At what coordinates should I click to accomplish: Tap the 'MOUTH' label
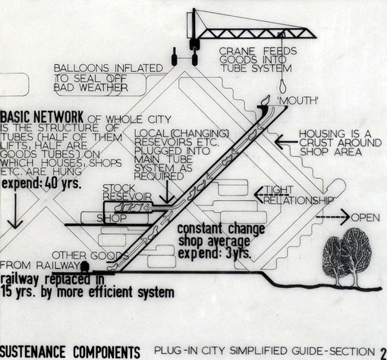pyautogui.click(x=297, y=101)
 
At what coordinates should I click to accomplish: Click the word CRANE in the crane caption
pyautogui.click(x=237, y=52)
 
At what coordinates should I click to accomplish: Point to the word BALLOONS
pyautogui.click(x=81, y=68)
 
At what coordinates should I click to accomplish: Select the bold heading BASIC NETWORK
pyautogui.click(x=42, y=117)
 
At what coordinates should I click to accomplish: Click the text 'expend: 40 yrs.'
pyautogui.click(x=42, y=183)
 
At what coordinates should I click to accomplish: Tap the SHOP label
pyautogui.click(x=112, y=218)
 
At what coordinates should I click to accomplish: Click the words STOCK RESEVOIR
pyautogui.click(x=127, y=193)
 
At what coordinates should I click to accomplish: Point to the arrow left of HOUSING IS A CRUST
pyautogui.click(x=286, y=142)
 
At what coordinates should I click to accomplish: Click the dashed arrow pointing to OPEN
pyautogui.click(x=333, y=217)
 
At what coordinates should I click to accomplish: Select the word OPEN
pyautogui.click(x=366, y=218)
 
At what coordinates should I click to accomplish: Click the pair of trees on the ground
pyautogui.click(x=347, y=257)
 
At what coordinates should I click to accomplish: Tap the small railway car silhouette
pyautogui.click(x=85, y=267)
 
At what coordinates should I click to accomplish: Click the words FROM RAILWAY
pyautogui.click(x=39, y=265)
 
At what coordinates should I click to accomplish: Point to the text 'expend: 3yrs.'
pyautogui.click(x=215, y=253)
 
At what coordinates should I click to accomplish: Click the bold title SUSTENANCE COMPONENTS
pyautogui.click(x=70, y=352)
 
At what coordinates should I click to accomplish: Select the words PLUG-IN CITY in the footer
pyautogui.click(x=190, y=351)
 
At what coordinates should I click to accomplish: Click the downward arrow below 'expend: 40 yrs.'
pyautogui.click(x=15, y=211)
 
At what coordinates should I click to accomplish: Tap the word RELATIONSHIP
pyautogui.click(x=299, y=200)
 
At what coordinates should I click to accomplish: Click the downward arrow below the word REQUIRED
pyautogui.click(x=167, y=192)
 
